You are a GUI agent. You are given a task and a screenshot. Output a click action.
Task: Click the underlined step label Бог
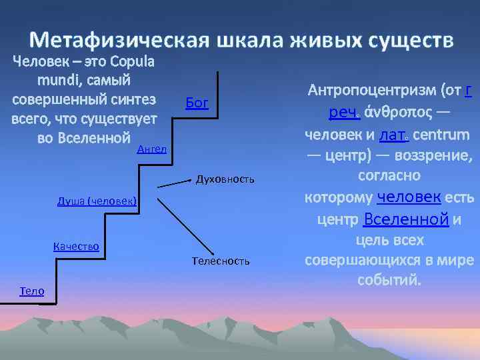(x=197, y=103)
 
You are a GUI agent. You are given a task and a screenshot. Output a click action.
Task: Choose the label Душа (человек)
(x=97, y=201)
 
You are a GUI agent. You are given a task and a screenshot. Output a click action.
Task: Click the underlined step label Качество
(x=76, y=247)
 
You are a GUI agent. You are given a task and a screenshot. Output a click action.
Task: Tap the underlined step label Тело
(x=32, y=291)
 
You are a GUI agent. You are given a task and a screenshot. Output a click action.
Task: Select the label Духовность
(x=225, y=179)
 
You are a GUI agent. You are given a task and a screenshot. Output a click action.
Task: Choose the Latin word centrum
(x=443, y=135)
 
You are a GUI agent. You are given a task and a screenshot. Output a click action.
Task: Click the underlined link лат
(x=393, y=135)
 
